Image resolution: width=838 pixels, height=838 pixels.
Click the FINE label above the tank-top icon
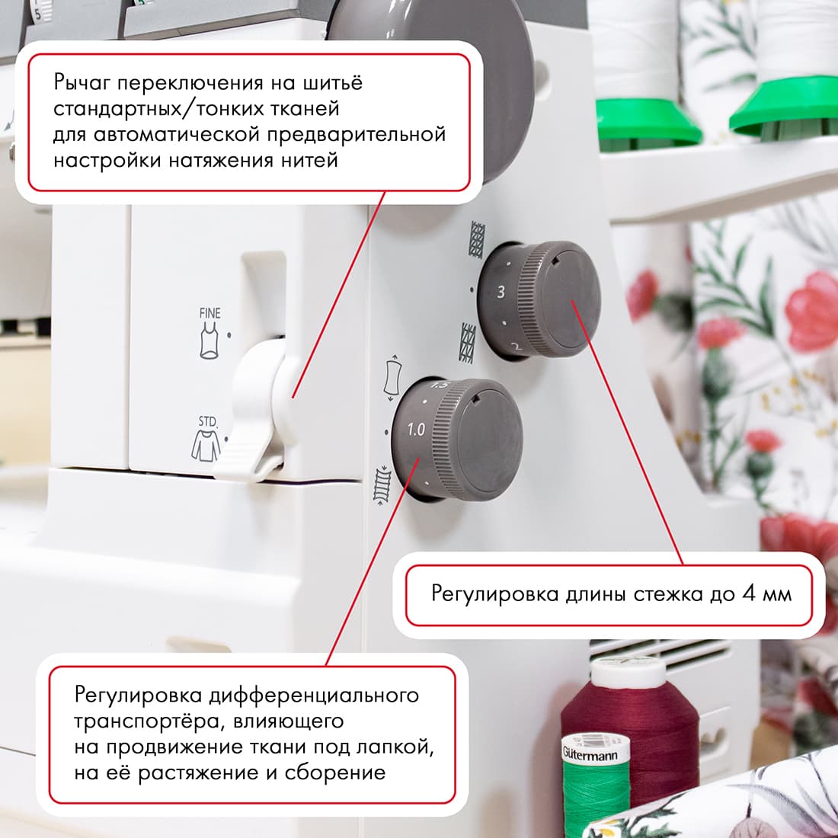pyautogui.click(x=209, y=313)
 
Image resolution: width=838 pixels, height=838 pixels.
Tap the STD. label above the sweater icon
pyautogui.click(x=208, y=421)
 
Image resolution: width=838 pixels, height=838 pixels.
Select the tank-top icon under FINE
pyautogui.click(x=209, y=340)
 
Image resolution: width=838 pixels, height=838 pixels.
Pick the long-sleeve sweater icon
pyautogui.click(x=206, y=445)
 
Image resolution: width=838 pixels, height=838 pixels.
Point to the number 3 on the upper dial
pyautogui.click(x=501, y=292)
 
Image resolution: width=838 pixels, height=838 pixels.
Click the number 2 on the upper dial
pyautogui.click(x=516, y=347)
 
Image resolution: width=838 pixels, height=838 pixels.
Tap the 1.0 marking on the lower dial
pyautogui.click(x=416, y=430)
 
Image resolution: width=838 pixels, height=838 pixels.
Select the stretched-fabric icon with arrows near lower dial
pyautogui.click(x=393, y=377)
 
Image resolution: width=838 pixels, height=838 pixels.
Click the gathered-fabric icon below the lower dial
pyautogui.click(x=381, y=485)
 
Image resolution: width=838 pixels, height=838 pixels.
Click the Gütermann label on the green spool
pyautogui.click(x=590, y=755)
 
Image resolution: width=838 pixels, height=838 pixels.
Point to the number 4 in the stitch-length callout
pyautogui.click(x=748, y=593)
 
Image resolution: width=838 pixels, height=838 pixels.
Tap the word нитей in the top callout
pyautogui.click(x=309, y=160)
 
